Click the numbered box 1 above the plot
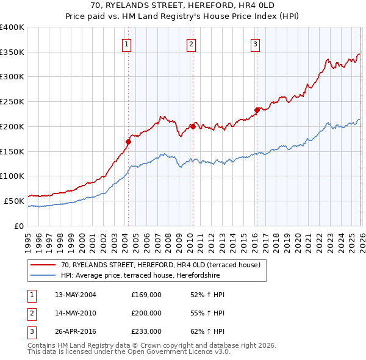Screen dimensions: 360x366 pyautogui.click(x=126, y=43)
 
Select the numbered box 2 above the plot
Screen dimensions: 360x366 pyautogui.click(x=191, y=43)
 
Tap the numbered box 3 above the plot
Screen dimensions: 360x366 pyautogui.click(x=255, y=43)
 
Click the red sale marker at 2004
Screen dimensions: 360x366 pyautogui.click(x=128, y=142)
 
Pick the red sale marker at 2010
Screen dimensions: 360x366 pyautogui.click(x=192, y=126)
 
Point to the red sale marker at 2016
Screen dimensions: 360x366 pyautogui.click(x=257, y=110)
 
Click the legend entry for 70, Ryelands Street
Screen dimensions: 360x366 pyautogui.click(x=160, y=265)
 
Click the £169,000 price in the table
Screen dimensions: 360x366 pyautogui.click(x=146, y=295)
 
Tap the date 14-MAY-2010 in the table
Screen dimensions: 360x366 pyautogui.click(x=76, y=313)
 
